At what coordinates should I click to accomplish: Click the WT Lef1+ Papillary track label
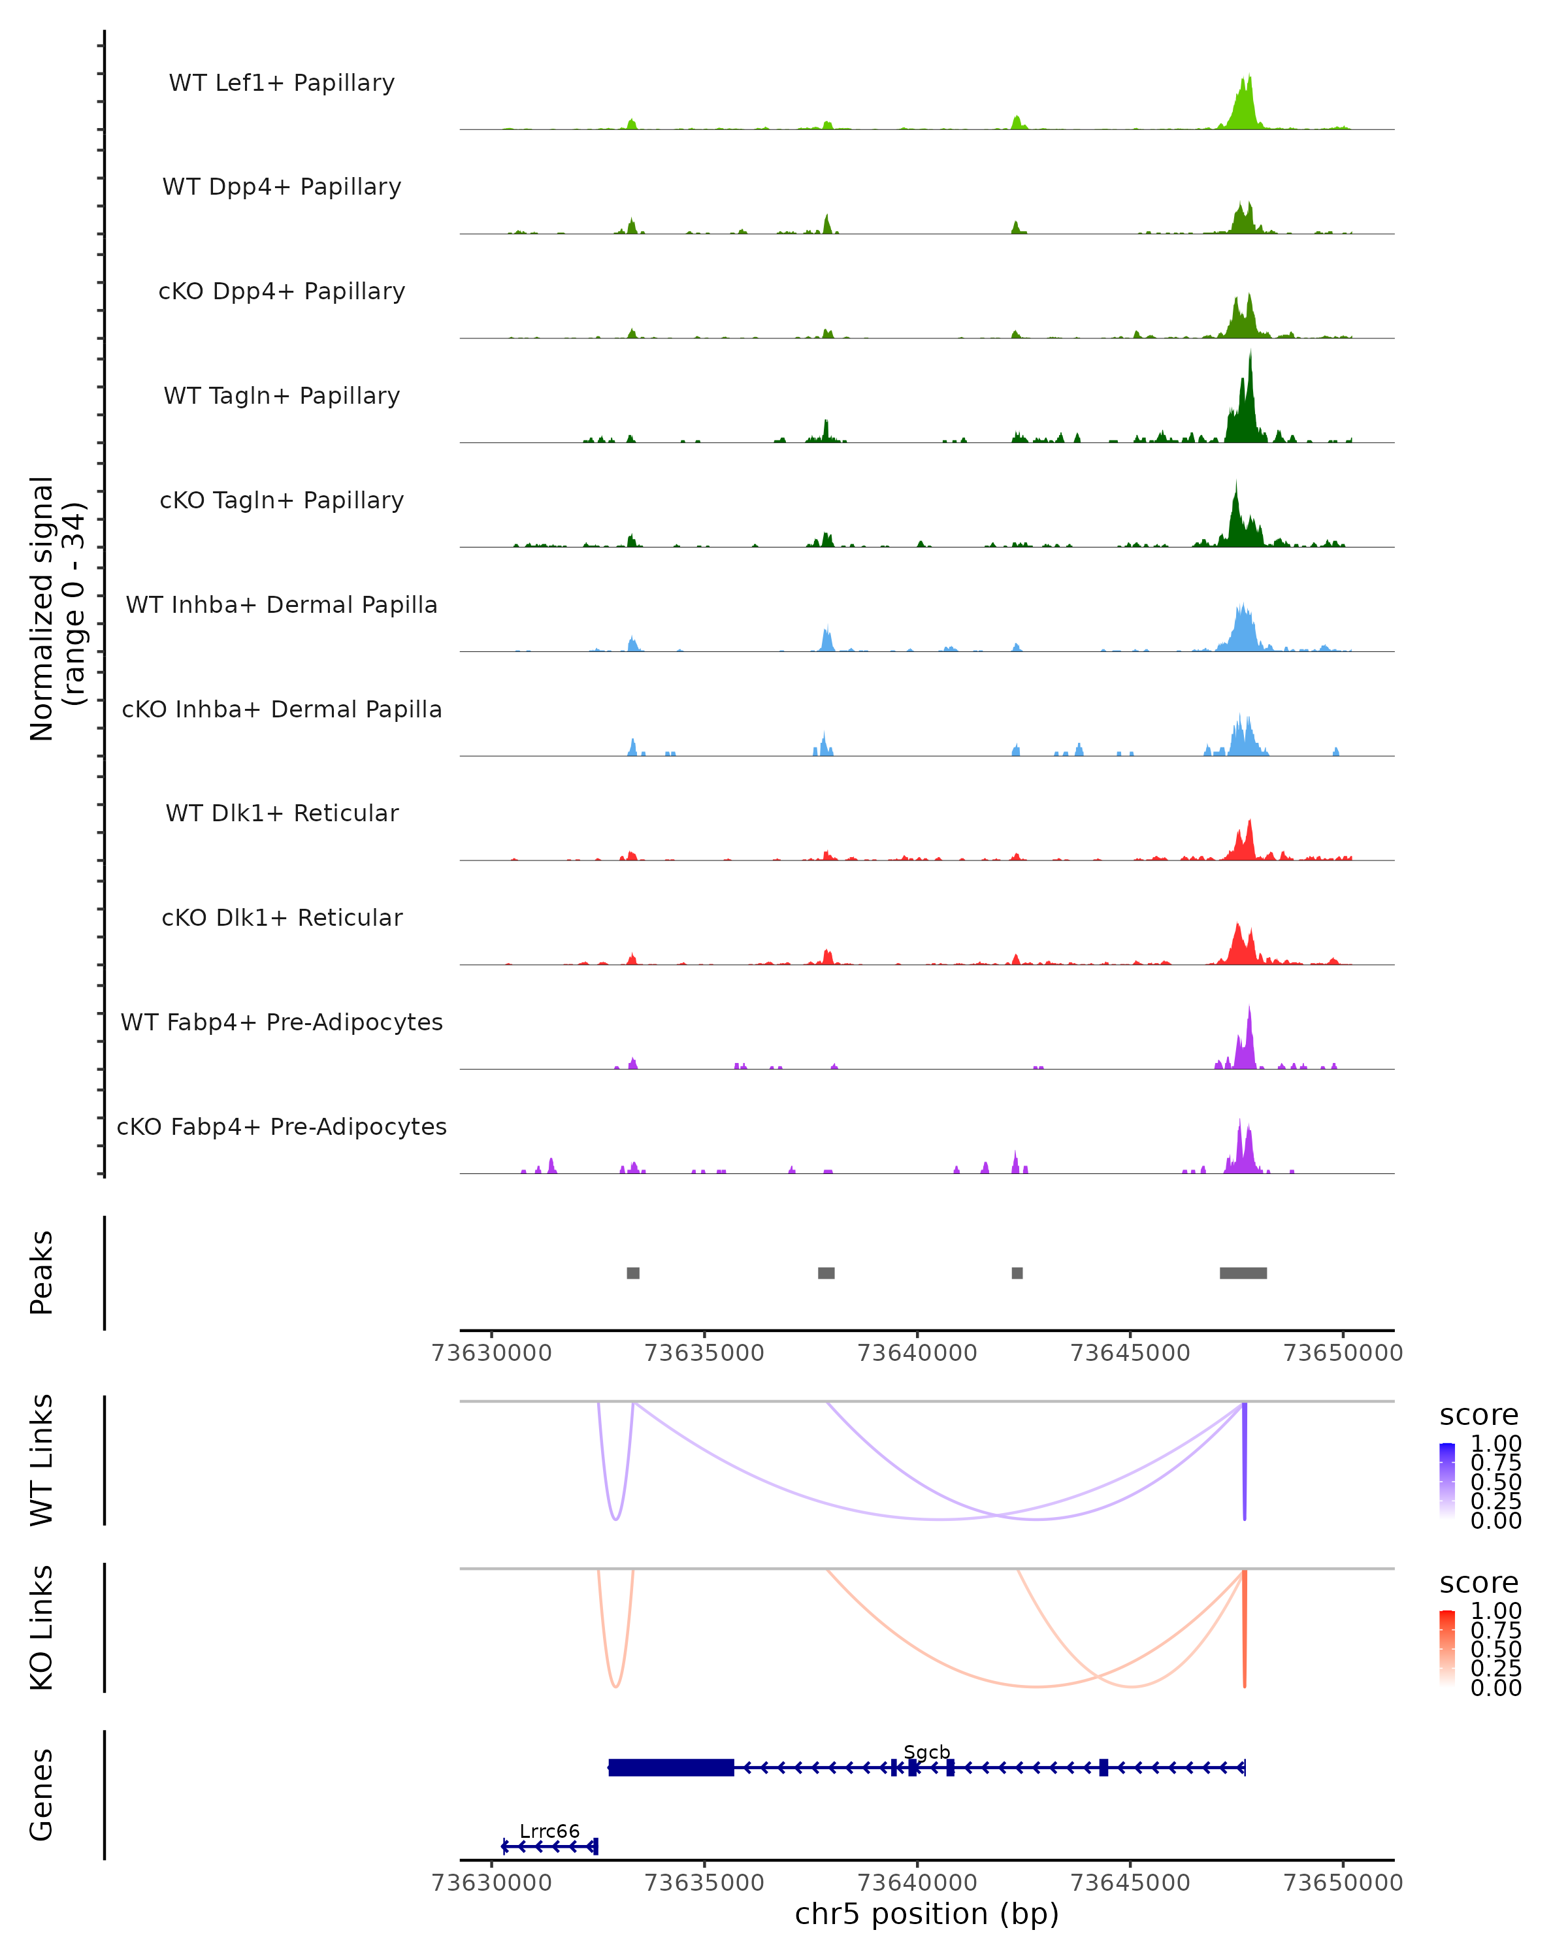point(282,83)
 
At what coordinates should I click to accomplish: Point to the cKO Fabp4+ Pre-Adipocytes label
point(282,1126)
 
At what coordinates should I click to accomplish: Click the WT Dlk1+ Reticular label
point(282,813)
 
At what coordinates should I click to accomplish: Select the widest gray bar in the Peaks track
point(1243,1273)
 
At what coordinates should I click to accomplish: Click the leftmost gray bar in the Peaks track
point(632,1273)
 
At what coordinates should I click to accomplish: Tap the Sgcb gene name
point(926,1752)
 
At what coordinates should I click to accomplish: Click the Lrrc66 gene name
point(549,1831)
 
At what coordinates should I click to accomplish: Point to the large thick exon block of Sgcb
point(671,1767)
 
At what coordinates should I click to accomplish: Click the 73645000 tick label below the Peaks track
point(1130,1353)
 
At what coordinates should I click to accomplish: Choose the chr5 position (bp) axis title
point(926,1914)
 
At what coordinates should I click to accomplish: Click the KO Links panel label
point(42,1627)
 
